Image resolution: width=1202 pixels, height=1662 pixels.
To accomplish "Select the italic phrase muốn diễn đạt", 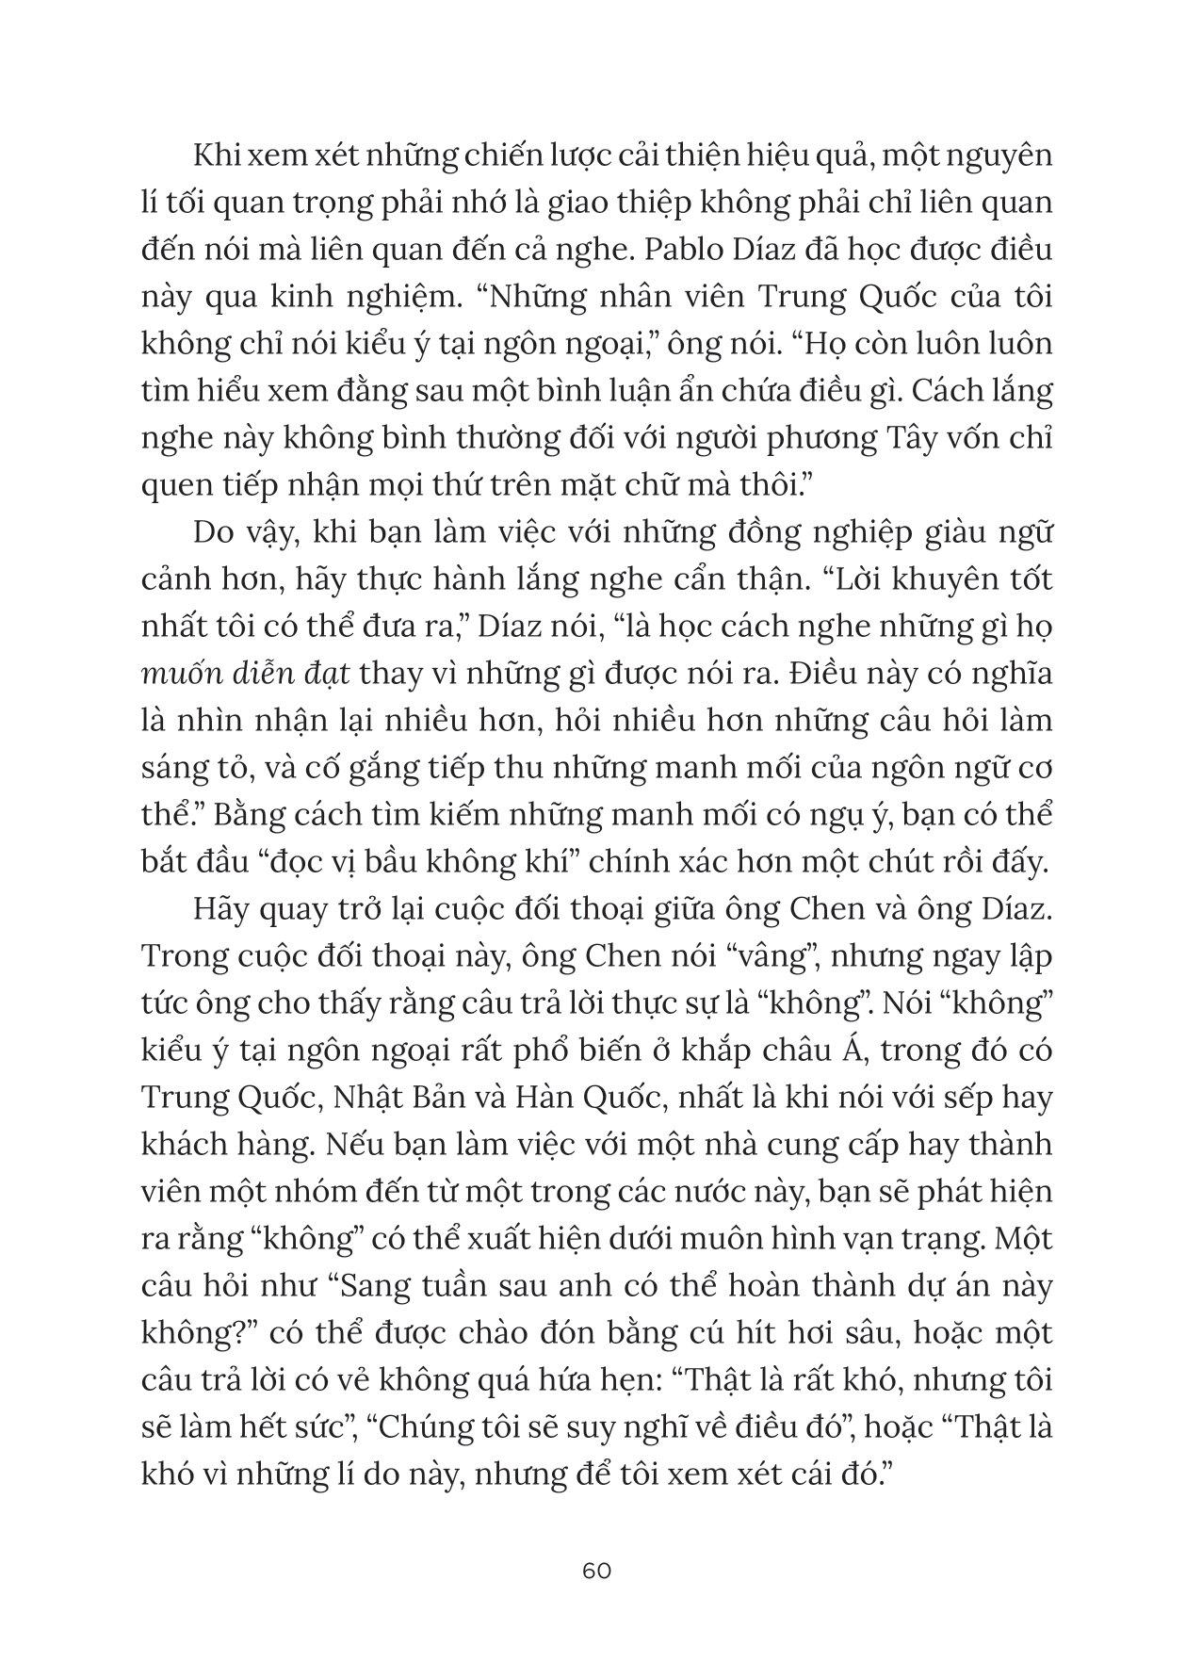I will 246,675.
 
